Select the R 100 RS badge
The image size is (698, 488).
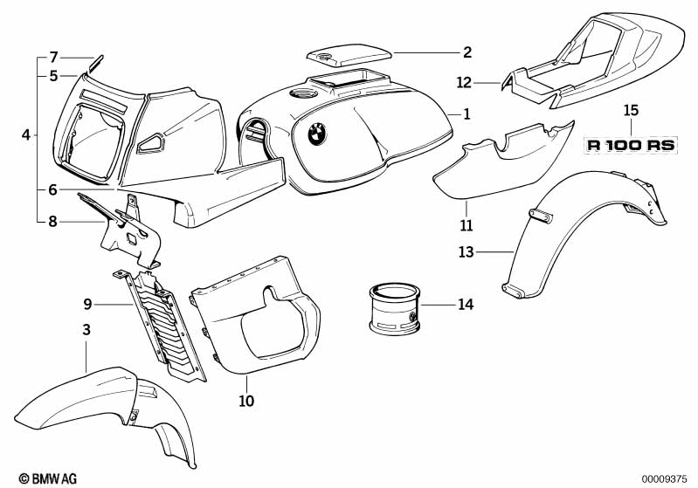631,146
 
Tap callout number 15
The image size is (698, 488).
631,111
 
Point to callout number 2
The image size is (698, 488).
467,52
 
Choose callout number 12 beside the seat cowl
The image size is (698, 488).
488,83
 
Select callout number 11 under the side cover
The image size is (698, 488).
466,225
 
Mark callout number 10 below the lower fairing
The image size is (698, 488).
246,402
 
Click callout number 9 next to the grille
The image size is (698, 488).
87,304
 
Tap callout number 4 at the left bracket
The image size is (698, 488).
26,135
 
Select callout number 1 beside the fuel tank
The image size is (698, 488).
466,113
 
